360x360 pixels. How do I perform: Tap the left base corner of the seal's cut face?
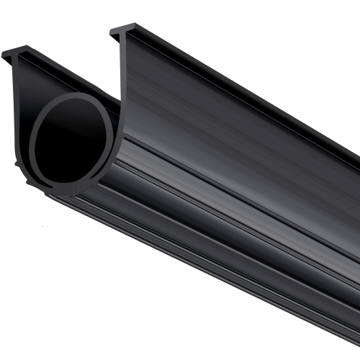[x=29, y=180]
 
